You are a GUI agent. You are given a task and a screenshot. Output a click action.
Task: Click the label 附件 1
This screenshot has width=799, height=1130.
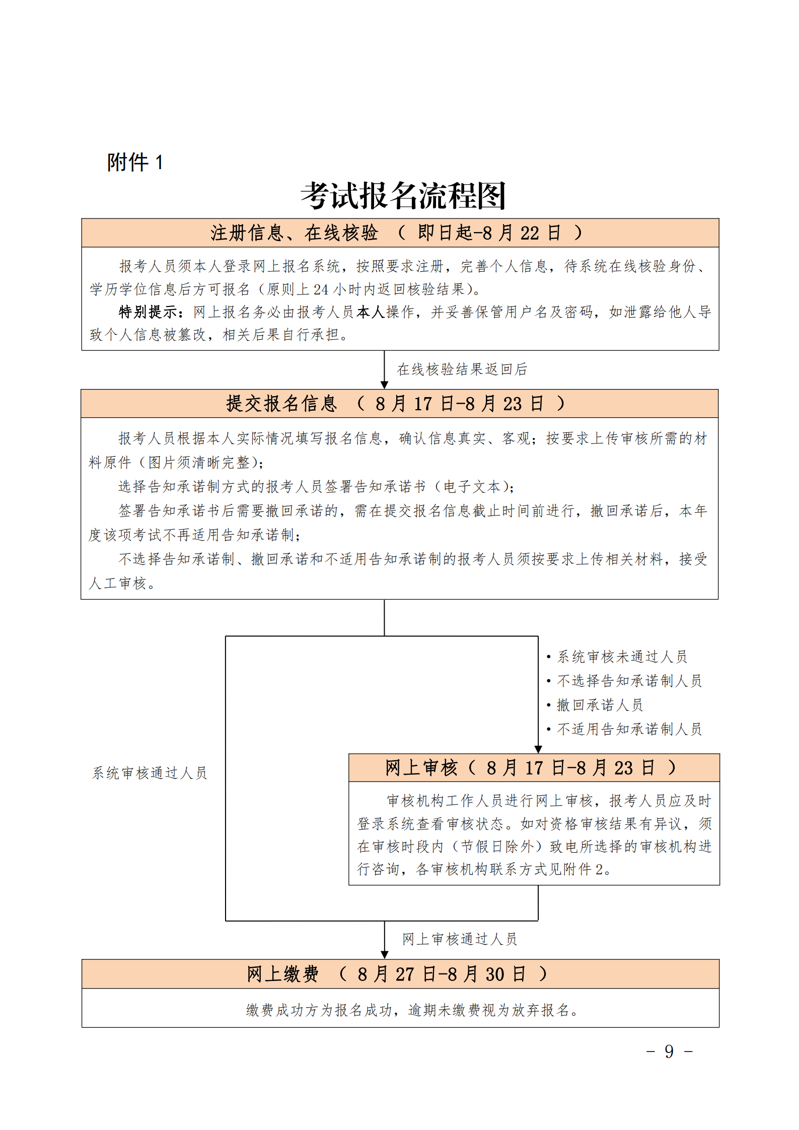click(135, 162)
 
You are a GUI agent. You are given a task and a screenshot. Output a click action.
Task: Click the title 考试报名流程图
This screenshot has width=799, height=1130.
click(403, 196)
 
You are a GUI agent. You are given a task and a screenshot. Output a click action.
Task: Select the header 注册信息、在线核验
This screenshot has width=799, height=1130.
click(294, 233)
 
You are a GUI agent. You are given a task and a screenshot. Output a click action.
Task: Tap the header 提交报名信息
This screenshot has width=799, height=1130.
click(281, 404)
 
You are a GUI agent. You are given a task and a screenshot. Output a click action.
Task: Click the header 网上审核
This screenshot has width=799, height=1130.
click(422, 768)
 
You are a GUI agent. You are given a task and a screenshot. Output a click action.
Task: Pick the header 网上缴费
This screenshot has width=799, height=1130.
click(282, 974)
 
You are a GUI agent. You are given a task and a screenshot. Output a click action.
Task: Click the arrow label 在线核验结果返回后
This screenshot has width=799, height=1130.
click(462, 369)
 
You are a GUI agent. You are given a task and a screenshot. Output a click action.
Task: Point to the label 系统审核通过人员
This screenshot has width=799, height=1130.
click(150, 773)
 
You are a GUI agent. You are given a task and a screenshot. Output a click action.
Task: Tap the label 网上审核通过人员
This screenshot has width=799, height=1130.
click(460, 939)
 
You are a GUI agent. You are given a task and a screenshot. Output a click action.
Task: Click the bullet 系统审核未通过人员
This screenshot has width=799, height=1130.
click(622, 656)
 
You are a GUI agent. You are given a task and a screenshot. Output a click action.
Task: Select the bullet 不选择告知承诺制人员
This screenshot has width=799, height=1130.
click(629, 681)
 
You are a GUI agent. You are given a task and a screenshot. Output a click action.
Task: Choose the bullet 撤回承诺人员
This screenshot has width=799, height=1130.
click(600, 705)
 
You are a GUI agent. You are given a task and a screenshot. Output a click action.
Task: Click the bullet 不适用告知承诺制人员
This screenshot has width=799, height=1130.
click(629, 729)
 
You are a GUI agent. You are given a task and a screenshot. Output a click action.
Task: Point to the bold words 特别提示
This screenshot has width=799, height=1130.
click(148, 312)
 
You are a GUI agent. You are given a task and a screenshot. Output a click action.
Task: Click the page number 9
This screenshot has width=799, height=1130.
click(669, 1051)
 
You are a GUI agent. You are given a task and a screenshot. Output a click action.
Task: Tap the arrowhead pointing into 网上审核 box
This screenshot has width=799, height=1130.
click(538, 749)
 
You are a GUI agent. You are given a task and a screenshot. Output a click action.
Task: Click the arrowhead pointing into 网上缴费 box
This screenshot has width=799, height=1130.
click(384, 955)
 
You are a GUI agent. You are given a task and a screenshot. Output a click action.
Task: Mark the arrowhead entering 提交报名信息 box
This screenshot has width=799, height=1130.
click(384, 385)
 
